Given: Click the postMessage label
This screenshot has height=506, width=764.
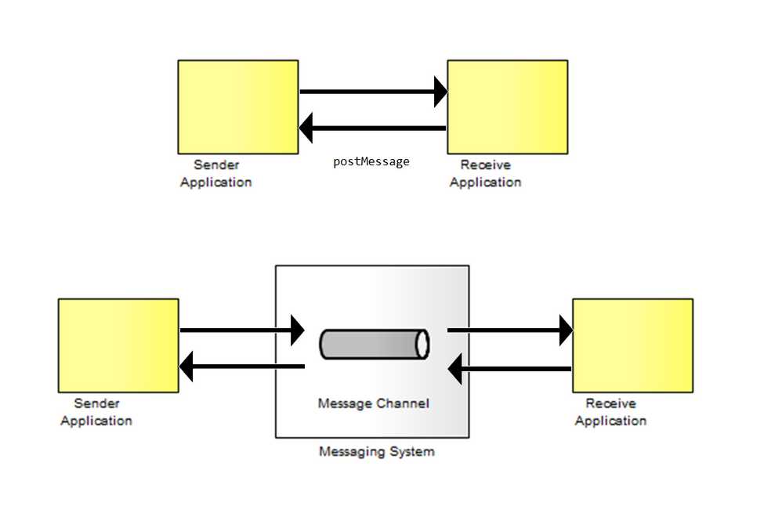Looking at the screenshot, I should point(371,162).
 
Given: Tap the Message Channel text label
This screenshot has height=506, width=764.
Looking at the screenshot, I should point(373,404).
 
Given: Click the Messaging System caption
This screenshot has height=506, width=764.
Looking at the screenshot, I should point(376,452).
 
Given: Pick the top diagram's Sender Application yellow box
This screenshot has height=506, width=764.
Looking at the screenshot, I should point(237,107).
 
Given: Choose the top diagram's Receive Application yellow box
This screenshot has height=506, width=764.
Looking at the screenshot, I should point(507,107).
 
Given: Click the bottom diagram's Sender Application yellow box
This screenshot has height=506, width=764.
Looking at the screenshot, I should point(118,345).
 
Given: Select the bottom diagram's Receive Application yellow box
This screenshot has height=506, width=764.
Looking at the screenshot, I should point(632,345).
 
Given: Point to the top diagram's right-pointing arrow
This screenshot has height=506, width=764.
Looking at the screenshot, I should point(368,92).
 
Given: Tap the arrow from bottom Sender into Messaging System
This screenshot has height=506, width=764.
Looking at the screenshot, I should point(239,331).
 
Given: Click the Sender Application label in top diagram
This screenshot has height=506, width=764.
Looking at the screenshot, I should point(216,174).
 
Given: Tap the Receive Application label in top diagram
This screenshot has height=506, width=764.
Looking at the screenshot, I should point(485,174).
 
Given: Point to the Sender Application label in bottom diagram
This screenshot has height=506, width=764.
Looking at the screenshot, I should point(96,412).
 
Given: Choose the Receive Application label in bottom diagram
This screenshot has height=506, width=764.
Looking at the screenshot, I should point(610,412).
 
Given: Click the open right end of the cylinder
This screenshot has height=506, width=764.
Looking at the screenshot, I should point(422,345).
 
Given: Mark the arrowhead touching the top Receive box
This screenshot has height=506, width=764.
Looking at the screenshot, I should point(440,92).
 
